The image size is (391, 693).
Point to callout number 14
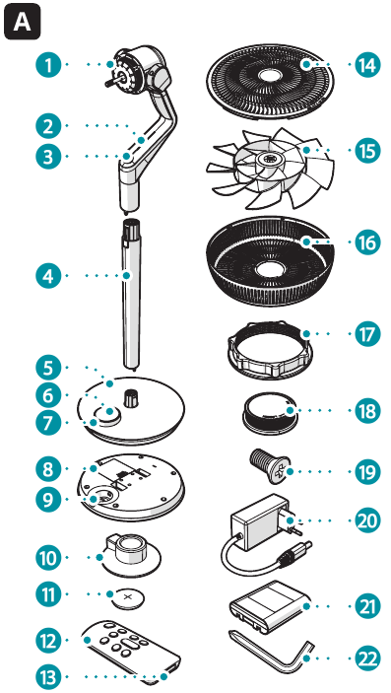click(365, 66)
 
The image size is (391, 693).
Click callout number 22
click(365, 656)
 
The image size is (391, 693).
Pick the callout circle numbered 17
click(365, 334)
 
